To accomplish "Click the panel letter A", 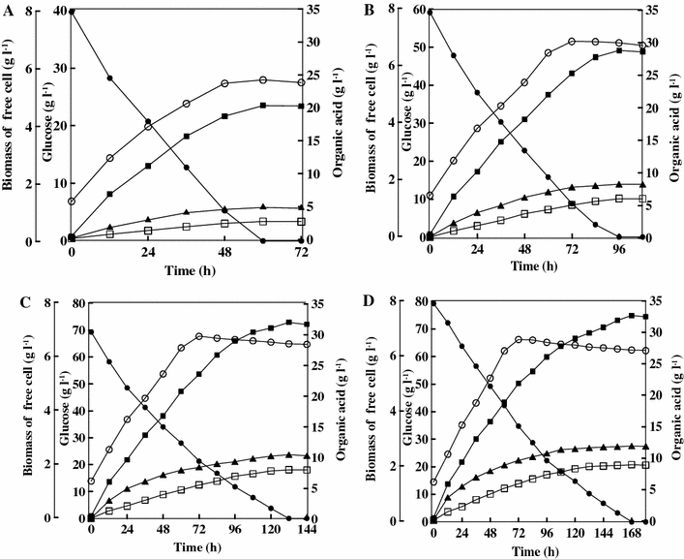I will click(x=9, y=13).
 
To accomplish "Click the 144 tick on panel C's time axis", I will click(x=306, y=531).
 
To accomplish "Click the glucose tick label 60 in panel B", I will click(x=414, y=12).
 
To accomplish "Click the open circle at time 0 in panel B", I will click(x=430, y=196).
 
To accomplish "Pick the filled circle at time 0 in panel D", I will click(x=432, y=303).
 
